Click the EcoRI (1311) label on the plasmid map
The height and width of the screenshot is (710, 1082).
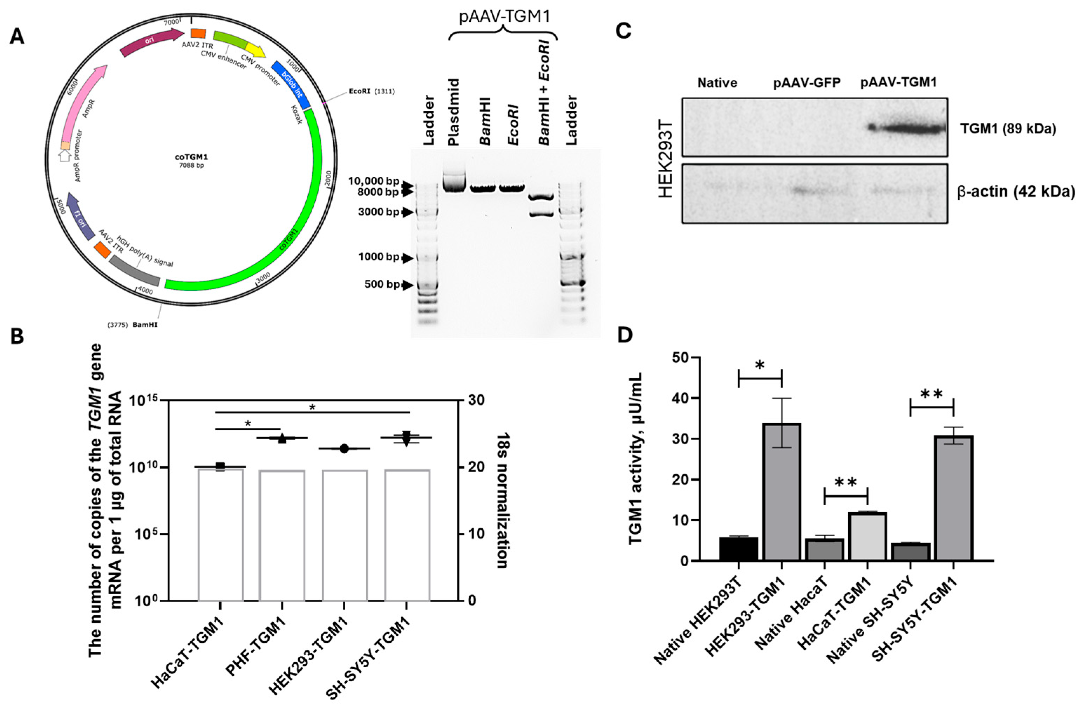click(x=372, y=92)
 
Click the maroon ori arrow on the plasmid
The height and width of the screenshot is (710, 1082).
click(x=150, y=41)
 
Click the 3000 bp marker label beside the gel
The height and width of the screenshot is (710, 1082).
click(x=378, y=212)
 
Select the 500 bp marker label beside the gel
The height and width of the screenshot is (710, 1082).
click(x=382, y=285)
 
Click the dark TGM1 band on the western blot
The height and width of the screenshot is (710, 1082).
click(x=907, y=129)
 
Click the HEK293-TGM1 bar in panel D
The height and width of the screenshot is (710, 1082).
click(x=781, y=492)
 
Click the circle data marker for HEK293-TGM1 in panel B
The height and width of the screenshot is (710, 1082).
click(x=344, y=449)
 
